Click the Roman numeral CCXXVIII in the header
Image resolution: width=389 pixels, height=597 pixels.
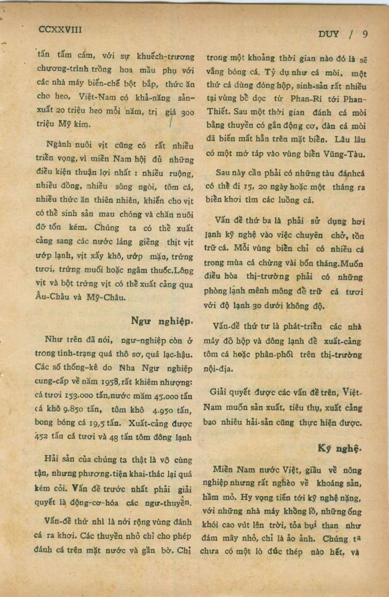pyautogui.click(x=60, y=30)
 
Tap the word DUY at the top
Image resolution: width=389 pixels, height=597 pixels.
pyautogui.click(x=328, y=34)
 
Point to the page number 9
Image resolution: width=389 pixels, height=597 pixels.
pyautogui.click(x=365, y=34)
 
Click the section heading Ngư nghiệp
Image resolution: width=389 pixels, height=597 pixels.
pyautogui.click(x=162, y=321)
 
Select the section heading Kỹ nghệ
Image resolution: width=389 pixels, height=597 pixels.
pyautogui.click(x=339, y=448)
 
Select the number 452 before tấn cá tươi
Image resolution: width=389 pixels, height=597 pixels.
pyautogui.click(x=41, y=437)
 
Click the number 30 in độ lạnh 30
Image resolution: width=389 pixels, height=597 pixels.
pyautogui.click(x=258, y=305)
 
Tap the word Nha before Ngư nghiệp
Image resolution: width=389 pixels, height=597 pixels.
pyautogui.click(x=126, y=368)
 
